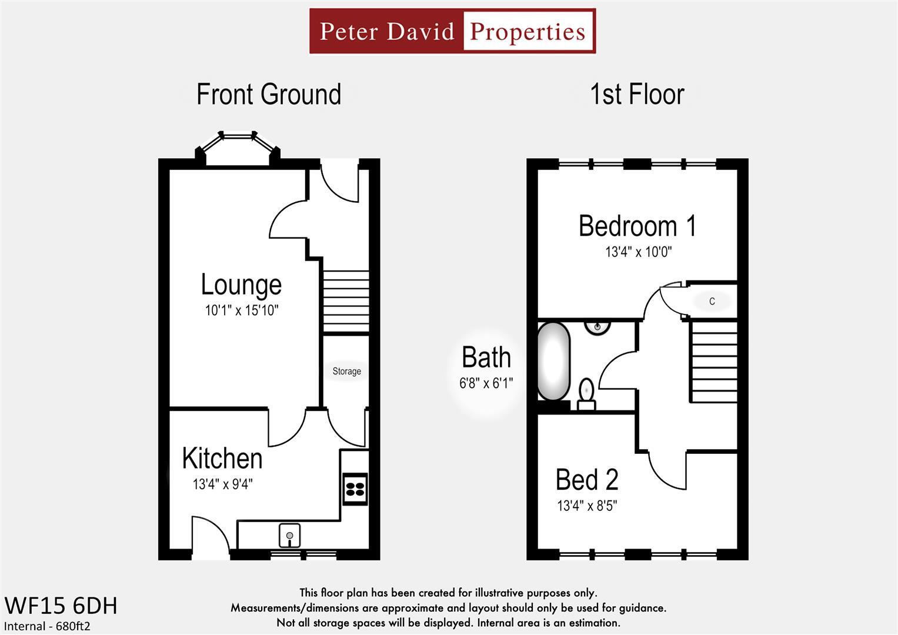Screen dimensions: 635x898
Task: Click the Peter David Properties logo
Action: click(452, 31)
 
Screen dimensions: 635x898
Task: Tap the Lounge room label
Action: click(241, 285)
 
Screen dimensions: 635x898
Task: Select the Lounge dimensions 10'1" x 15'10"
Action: click(241, 310)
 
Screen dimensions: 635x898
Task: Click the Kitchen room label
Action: click(222, 458)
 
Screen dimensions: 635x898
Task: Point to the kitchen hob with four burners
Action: click(355, 489)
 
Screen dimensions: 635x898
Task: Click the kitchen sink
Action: click(289, 535)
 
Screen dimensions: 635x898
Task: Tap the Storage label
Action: click(346, 371)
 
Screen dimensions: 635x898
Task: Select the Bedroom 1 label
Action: click(637, 226)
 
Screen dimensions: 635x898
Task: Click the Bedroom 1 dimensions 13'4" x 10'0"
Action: click(638, 252)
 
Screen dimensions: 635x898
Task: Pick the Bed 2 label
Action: click(587, 480)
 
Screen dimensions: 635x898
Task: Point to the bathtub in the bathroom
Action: click(553, 360)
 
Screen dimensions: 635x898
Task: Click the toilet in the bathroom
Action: click(586, 393)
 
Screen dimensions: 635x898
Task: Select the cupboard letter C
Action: click(712, 301)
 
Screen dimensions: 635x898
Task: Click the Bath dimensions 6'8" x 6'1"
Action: click(486, 383)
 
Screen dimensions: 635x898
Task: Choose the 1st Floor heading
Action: click(637, 95)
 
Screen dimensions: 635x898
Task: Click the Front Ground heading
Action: click(269, 95)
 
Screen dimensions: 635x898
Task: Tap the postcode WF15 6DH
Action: click(61, 605)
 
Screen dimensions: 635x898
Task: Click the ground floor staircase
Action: click(346, 302)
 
